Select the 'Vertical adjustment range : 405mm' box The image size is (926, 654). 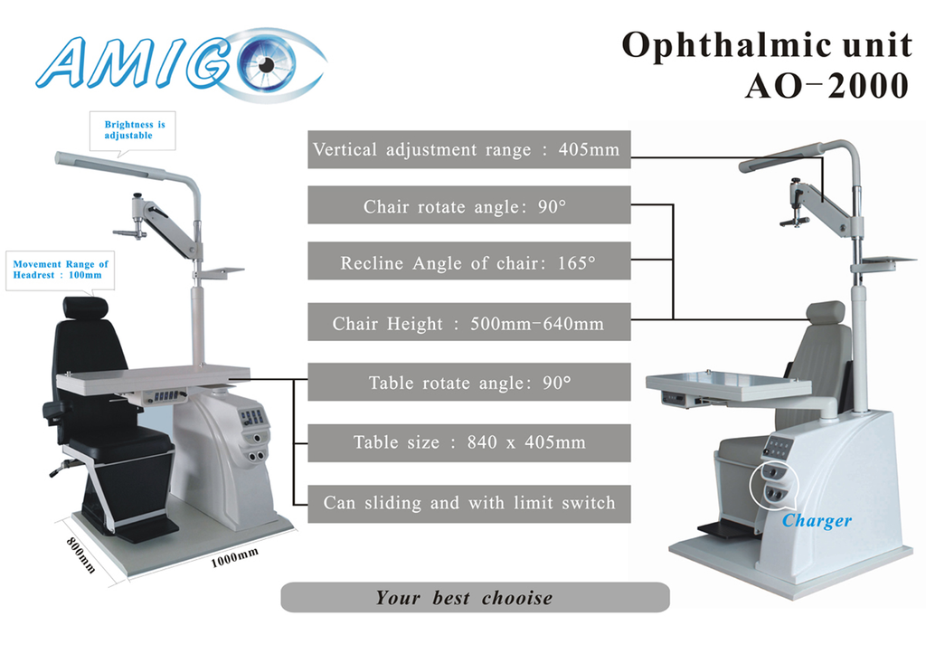tap(469, 149)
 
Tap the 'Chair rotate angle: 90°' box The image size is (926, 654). tap(469, 205)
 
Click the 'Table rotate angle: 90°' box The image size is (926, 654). tap(469, 382)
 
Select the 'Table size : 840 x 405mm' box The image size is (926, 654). tap(469, 442)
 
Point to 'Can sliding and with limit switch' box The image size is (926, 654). tap(469, 504)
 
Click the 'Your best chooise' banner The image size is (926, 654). tap(475, 597)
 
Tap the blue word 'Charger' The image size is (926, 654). tap(817, 520)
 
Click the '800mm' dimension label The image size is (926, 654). tap(80, 554)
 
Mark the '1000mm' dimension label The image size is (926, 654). tap(234, 557)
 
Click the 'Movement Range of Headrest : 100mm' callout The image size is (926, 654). tap(61, 270)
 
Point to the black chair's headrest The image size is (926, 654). tap(86, 308)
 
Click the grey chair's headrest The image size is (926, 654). tap(826, 312)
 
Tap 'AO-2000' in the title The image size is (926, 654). tap(827, 86)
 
